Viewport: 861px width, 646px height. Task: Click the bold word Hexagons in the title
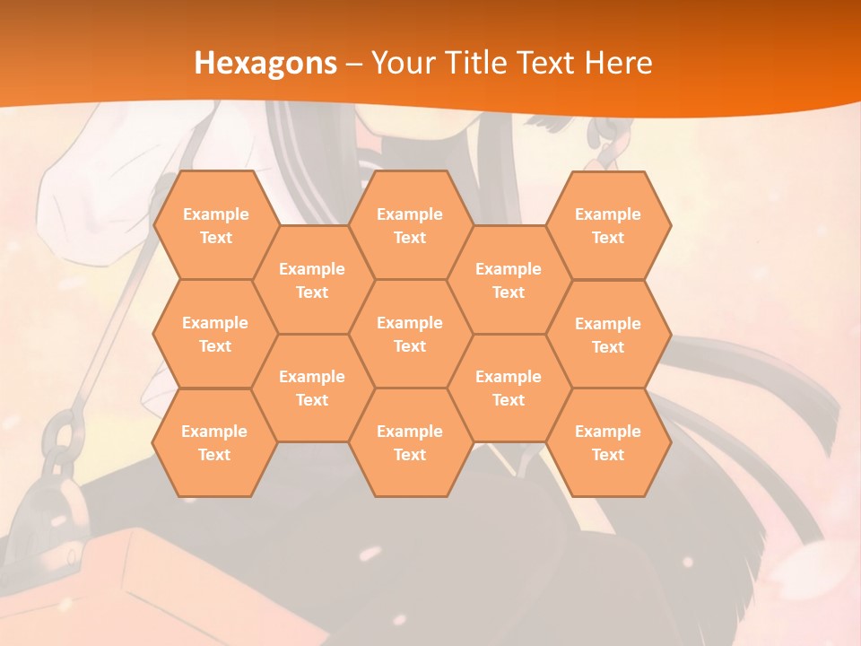click(265, 63)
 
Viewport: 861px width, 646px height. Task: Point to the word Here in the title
click(618, 63)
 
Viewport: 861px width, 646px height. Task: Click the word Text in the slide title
click(548, 63)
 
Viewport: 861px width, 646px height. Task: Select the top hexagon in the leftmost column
click(215, 225)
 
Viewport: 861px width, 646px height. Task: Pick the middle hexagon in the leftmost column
click(215, 334)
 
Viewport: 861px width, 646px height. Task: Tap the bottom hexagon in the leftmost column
click(214, 442)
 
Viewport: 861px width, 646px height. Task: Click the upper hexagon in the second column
click(312, 280)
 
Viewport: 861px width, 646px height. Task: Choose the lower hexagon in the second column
click(312, 388)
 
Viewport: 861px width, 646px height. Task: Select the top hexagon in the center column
click(410, 225)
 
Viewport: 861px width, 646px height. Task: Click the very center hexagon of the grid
click(410, 334)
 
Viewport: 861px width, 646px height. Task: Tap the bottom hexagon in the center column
click(410, 442)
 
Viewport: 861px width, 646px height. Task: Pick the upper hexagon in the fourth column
click(509, 280)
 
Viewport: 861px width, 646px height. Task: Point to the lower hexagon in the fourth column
click(509, 388)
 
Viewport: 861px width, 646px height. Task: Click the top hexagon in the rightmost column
click(608, 225)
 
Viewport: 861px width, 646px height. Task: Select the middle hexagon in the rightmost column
click(608, 335)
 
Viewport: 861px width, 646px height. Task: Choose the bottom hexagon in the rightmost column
click(608, 442)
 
